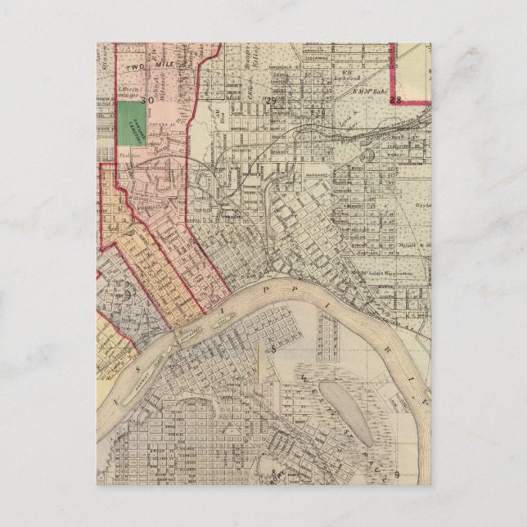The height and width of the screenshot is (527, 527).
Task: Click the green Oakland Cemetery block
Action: (128, 124)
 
